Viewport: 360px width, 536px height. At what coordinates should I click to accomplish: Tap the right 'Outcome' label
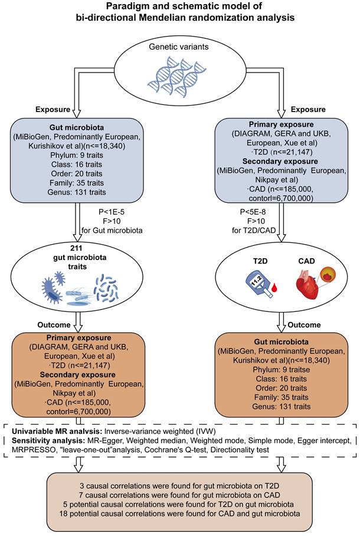pyautogui.click(x=305, y=324)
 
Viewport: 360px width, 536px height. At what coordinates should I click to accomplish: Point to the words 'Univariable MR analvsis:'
pyautogui.click(x=53, y=432)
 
